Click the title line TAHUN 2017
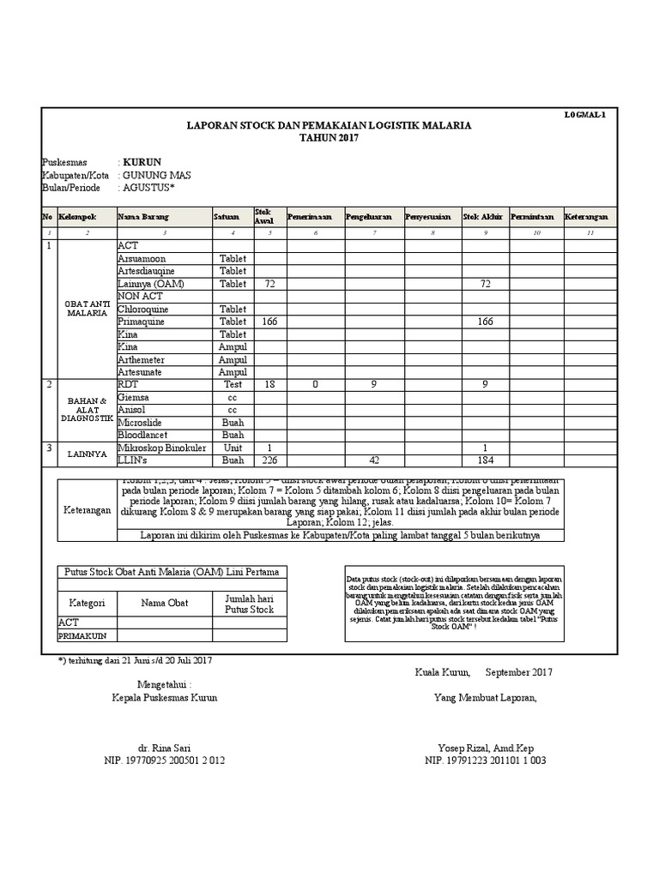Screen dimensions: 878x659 [329, 138]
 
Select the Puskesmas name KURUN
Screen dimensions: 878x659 [141, 162]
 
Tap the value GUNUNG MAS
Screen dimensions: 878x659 [157, 175]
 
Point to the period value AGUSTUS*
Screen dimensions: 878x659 [150, 188]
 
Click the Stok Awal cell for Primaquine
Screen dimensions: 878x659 [269, 322]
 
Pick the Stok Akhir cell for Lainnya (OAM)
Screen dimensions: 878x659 [487, 284]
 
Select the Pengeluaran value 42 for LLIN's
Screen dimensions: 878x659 [373, 460]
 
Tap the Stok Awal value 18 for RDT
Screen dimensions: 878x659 [269, 385]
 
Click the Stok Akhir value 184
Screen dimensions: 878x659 [487, 460]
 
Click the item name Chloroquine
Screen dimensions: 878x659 [143, 309]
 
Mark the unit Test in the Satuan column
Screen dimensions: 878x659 [233, 385]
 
